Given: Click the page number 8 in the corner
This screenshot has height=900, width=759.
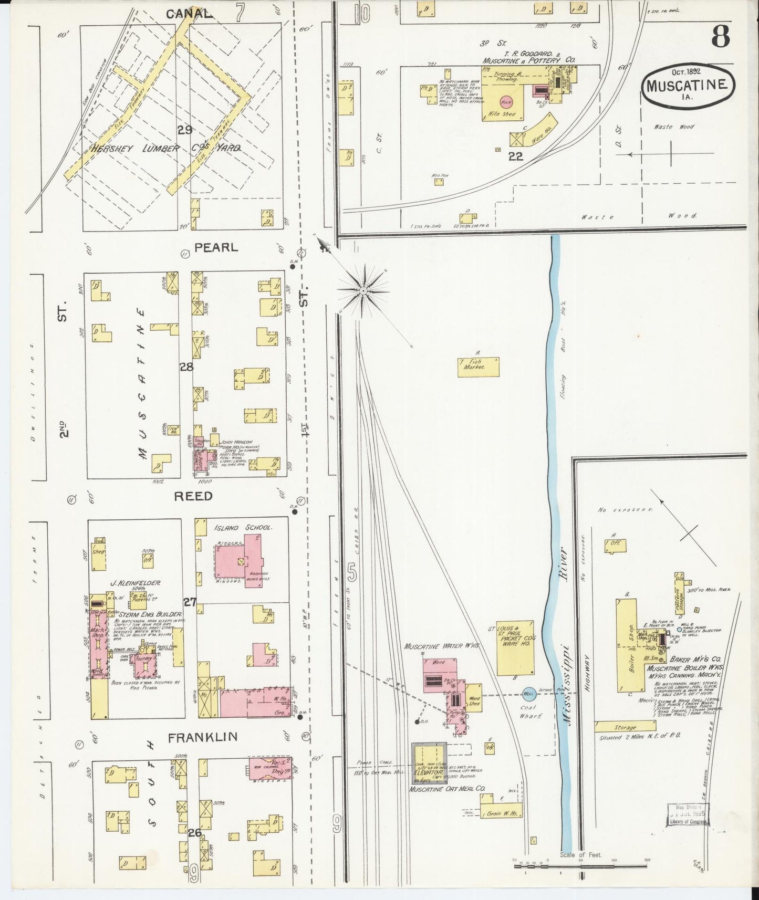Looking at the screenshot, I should tap(720, 37).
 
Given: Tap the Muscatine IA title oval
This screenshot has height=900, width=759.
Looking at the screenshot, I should tap(687, 85).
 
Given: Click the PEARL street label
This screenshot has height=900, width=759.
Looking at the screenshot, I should tap(216, 247).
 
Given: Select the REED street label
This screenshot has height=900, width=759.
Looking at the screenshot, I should tap(193, 496).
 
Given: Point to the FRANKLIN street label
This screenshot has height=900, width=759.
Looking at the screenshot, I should tap(203, 737).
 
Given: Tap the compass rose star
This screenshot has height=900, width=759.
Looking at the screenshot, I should tap(363, 290).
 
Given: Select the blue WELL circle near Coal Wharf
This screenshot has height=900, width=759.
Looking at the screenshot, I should tap(528, 694).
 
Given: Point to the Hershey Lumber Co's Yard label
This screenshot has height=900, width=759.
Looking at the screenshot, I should tap(165, 149).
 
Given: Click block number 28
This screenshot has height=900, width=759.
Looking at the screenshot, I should tap(186, 367).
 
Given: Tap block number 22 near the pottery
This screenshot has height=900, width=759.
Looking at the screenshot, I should tap(515, 156).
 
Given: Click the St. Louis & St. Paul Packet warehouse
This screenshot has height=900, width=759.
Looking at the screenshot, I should tap(515, 647).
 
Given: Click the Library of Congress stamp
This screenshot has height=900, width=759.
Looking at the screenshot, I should tap(688, 815).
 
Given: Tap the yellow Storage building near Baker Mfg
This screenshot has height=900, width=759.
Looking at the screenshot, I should tap(625, 727).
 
